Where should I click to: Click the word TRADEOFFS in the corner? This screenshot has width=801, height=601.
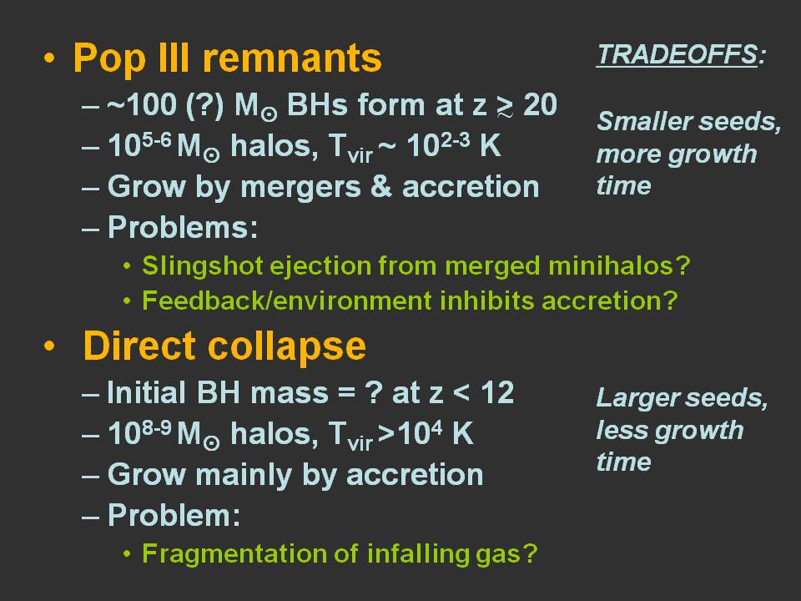point(677,54)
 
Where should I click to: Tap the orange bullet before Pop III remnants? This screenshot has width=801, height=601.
point(49,58)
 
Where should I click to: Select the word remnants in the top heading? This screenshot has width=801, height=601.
point(292,58)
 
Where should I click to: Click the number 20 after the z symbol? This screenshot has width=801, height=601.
point(540,105)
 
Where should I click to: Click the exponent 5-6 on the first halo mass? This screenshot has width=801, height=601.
point(156,139)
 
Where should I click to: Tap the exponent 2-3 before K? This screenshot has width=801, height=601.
point(455,139)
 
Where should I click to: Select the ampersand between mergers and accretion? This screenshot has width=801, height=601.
point(381,186)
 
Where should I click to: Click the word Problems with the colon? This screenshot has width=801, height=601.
point(183,227)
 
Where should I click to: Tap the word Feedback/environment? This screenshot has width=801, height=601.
point(286,300)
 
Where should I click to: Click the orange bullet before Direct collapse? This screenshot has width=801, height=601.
point(49,346)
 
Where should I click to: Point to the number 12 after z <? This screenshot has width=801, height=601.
point(497,392)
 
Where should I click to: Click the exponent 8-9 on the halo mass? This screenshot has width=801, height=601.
point(156,427)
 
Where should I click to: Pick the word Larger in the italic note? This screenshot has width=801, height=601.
point(636,399)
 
